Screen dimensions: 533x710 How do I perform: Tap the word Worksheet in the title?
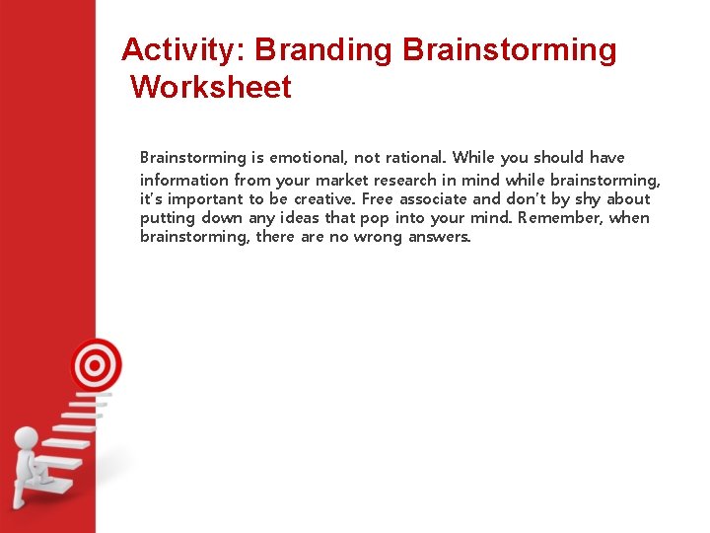[x=211, y=88]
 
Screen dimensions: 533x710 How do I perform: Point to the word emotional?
[x=311, y=158]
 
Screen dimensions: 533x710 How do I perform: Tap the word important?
[x=204, y=199]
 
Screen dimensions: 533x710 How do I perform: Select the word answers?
[x=440, y=237]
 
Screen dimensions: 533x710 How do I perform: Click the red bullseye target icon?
[x=96, y=365]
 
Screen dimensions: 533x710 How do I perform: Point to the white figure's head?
[x=27, y=438]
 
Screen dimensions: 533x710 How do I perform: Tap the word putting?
[x=168, y=218]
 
